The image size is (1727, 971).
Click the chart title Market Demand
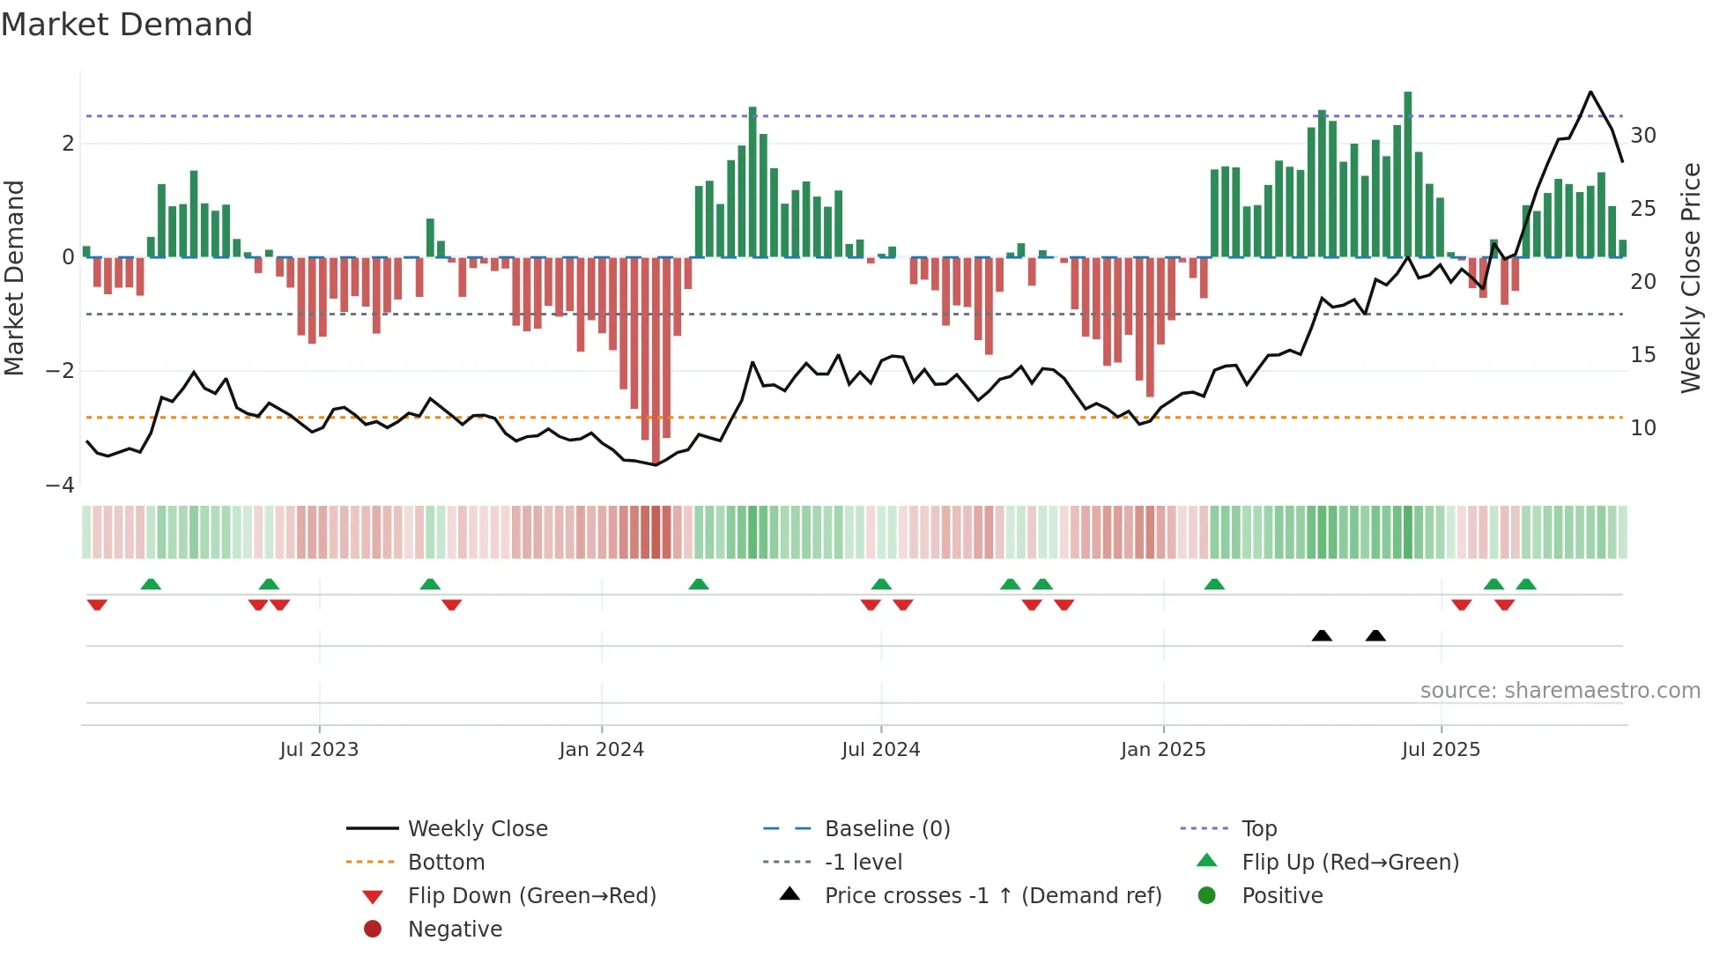127,25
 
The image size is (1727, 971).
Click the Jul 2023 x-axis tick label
319,750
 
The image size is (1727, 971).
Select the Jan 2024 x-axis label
601,750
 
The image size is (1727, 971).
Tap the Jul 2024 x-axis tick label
880,750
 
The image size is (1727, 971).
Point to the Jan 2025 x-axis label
1163,750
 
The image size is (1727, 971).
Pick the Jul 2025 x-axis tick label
1441,750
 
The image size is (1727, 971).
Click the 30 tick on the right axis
1643,136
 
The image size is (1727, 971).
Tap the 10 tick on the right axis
1643,428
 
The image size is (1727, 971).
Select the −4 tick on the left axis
60,485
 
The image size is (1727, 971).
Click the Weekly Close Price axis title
1690,278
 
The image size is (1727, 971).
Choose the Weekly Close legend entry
477,829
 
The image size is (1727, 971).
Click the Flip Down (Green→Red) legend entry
531,896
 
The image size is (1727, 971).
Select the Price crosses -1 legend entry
992,896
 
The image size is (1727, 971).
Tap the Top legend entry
1258,829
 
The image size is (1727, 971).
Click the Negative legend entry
455,930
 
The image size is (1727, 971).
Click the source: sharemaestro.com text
1560,691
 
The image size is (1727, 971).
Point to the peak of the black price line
1590,92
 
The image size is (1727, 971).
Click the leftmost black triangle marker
1322,635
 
